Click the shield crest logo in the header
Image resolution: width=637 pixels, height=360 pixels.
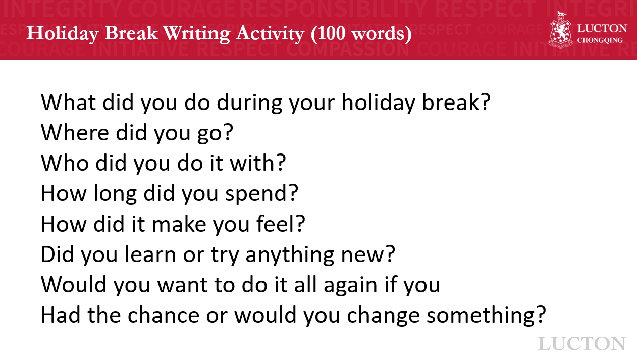pyautogui.click(x=560, y=30)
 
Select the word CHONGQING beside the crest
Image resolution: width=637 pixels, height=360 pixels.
pyautogui.click(x=600, y=40)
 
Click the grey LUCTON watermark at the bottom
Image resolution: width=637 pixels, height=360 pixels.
pyautogui.click(x=582, y=344)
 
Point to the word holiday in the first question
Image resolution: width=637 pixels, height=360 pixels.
pyautogui.click(x=378, y=103)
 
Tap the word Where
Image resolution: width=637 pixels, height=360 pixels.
pyautogui.click(x=75, y=132)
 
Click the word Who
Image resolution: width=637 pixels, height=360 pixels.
pyautogui.click(x=65, y=163)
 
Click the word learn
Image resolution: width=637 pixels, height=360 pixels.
pyautogui.click(x=150, y=254)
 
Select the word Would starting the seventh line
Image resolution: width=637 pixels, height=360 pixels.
pyautogui.click(x=74, y=284)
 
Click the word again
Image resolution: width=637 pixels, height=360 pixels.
pyautogui.click(x=350, y=286)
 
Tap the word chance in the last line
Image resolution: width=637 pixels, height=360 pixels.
pyautogui.click(x=164, y=315)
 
